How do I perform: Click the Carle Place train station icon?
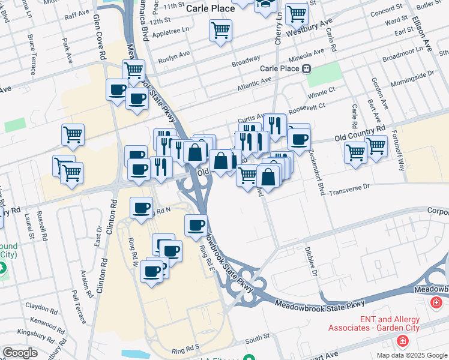click(307, 68)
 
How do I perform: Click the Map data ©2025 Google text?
click(412, 355)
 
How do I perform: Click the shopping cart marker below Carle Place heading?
click(220, 30)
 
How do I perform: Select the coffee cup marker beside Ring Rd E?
click(196, 226)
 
